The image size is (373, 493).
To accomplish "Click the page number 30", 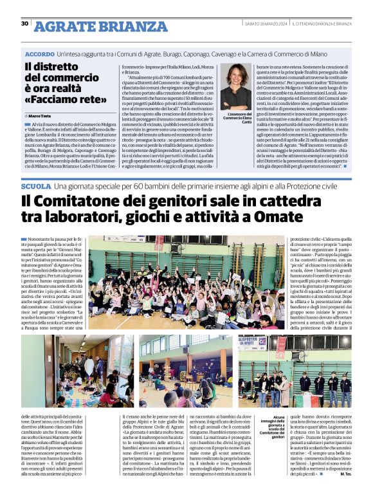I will pyautogui.click(x=24, y=24).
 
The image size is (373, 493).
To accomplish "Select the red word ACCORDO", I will pyautogui.click(x=41, y=56).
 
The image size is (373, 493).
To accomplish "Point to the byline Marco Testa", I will pyautogui.click(x=44, y=115).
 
